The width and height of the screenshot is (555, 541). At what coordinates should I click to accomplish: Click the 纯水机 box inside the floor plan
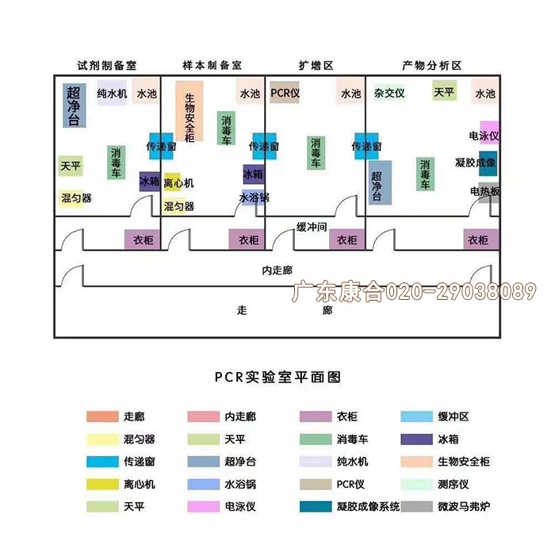[x=112, y=94]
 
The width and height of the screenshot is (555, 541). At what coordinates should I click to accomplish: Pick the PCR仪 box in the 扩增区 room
[x=285, y=93]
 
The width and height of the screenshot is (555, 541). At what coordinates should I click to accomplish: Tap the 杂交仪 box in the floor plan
[x=389, y=93]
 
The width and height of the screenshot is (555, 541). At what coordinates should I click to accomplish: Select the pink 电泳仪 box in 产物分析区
[x=485, y=135]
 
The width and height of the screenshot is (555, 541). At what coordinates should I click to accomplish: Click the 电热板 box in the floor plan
[x=485, y=191]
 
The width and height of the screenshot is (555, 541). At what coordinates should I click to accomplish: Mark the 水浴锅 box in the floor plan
[x=255, y=198]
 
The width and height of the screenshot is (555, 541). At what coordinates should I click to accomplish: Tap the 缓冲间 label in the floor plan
[x=312, y=227]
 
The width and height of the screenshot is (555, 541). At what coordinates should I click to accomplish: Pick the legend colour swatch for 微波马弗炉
[x=416, y=506]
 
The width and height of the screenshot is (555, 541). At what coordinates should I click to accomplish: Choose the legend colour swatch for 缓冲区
[x=416, y=416]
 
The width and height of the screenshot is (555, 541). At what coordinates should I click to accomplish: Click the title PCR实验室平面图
[x=277, y=377]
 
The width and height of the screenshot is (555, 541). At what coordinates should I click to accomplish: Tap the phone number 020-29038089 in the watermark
[x=461, y=292]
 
